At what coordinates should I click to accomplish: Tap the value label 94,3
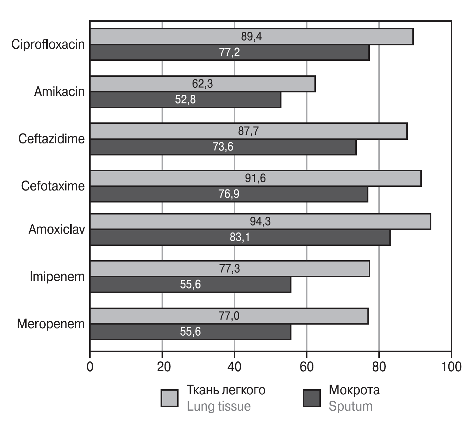tap(260, 222)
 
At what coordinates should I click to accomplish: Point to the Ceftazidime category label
tap(52, 139)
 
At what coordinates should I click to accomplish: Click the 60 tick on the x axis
tap(306, 367)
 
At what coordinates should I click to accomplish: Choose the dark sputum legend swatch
tap(311, 398)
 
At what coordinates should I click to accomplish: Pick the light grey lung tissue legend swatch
tap(169, 398)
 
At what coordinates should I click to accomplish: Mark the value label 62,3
tap(202, 84)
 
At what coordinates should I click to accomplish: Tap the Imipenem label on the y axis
tap(57, 277)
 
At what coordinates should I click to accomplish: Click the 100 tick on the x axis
tap(451, 367)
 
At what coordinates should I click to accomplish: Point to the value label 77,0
tap(229, 316)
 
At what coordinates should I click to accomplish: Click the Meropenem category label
tap(51, 324)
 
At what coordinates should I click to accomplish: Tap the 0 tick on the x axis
tap(90, 367)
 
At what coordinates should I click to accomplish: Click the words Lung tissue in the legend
tap(219, 406)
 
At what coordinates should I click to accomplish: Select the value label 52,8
tap(185, 100)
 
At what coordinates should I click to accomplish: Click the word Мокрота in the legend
tap(354, 390)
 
